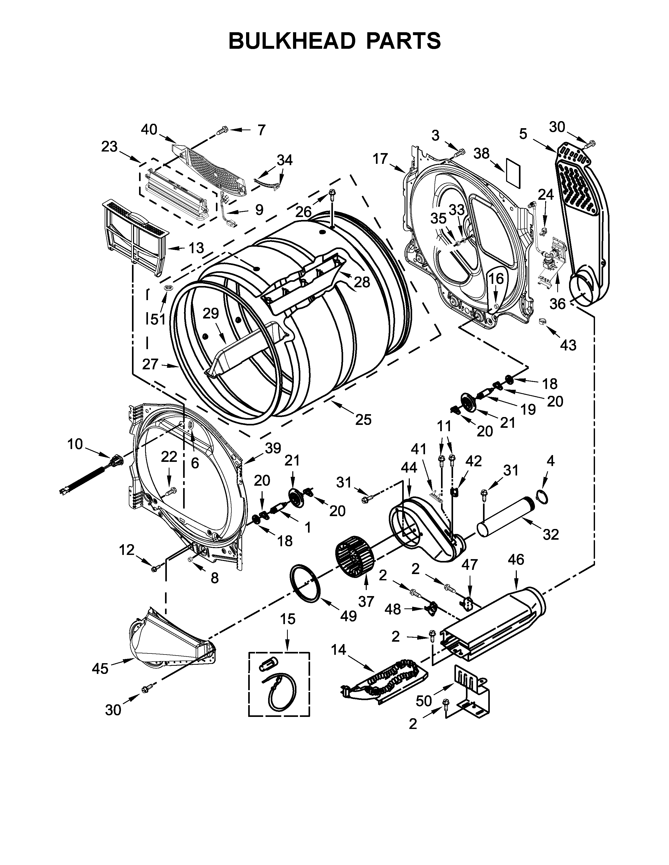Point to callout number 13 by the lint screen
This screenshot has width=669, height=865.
(196, 248)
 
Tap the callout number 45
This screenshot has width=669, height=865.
(100, 669)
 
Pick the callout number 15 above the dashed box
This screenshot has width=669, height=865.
(288, 618)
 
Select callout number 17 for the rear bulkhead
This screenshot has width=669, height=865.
(380, 159)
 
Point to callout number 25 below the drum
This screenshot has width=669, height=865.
(363, 419)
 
